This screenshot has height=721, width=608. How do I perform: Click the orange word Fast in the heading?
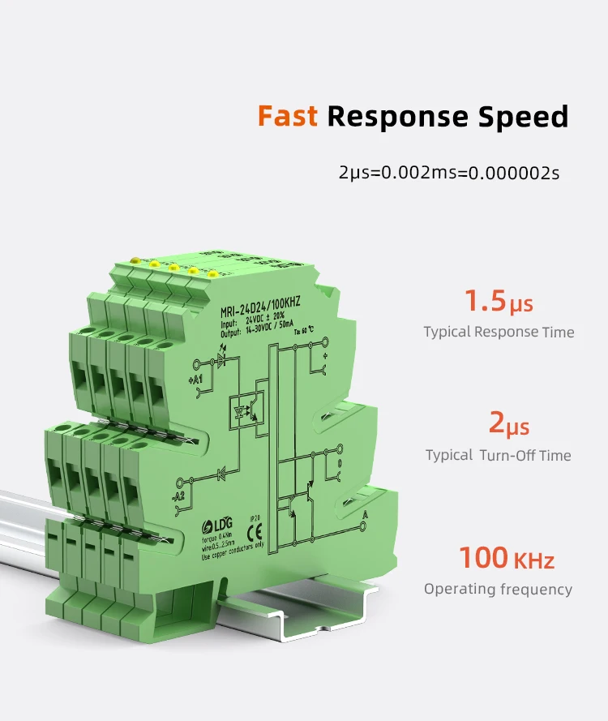pos(289,117)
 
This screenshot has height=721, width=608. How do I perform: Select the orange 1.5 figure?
pos(485,301)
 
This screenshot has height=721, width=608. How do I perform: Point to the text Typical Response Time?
pos(499,332)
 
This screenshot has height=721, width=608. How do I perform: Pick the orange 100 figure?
pos(484,558)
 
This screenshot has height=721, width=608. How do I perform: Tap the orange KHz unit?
pos(533,560)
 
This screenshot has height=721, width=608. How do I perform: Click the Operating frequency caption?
pos(498,590)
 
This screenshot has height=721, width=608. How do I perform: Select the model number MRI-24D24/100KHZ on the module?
pos(259,303)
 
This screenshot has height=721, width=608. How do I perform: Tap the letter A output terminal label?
pos(366,516)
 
